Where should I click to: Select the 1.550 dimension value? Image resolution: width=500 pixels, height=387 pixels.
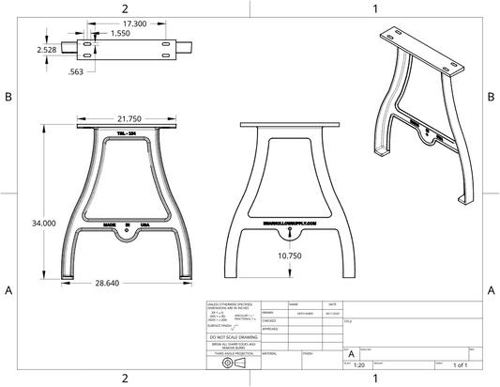pos(121,33)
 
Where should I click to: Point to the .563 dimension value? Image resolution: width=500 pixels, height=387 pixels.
pos(77,71)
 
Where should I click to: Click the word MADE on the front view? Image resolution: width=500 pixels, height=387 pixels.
pos(109,225)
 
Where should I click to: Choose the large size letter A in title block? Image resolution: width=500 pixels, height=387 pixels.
pos(351,353)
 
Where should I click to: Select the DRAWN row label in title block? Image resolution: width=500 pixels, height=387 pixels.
pos(268,312)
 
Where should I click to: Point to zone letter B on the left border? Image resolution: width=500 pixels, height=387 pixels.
pos(8,97)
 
